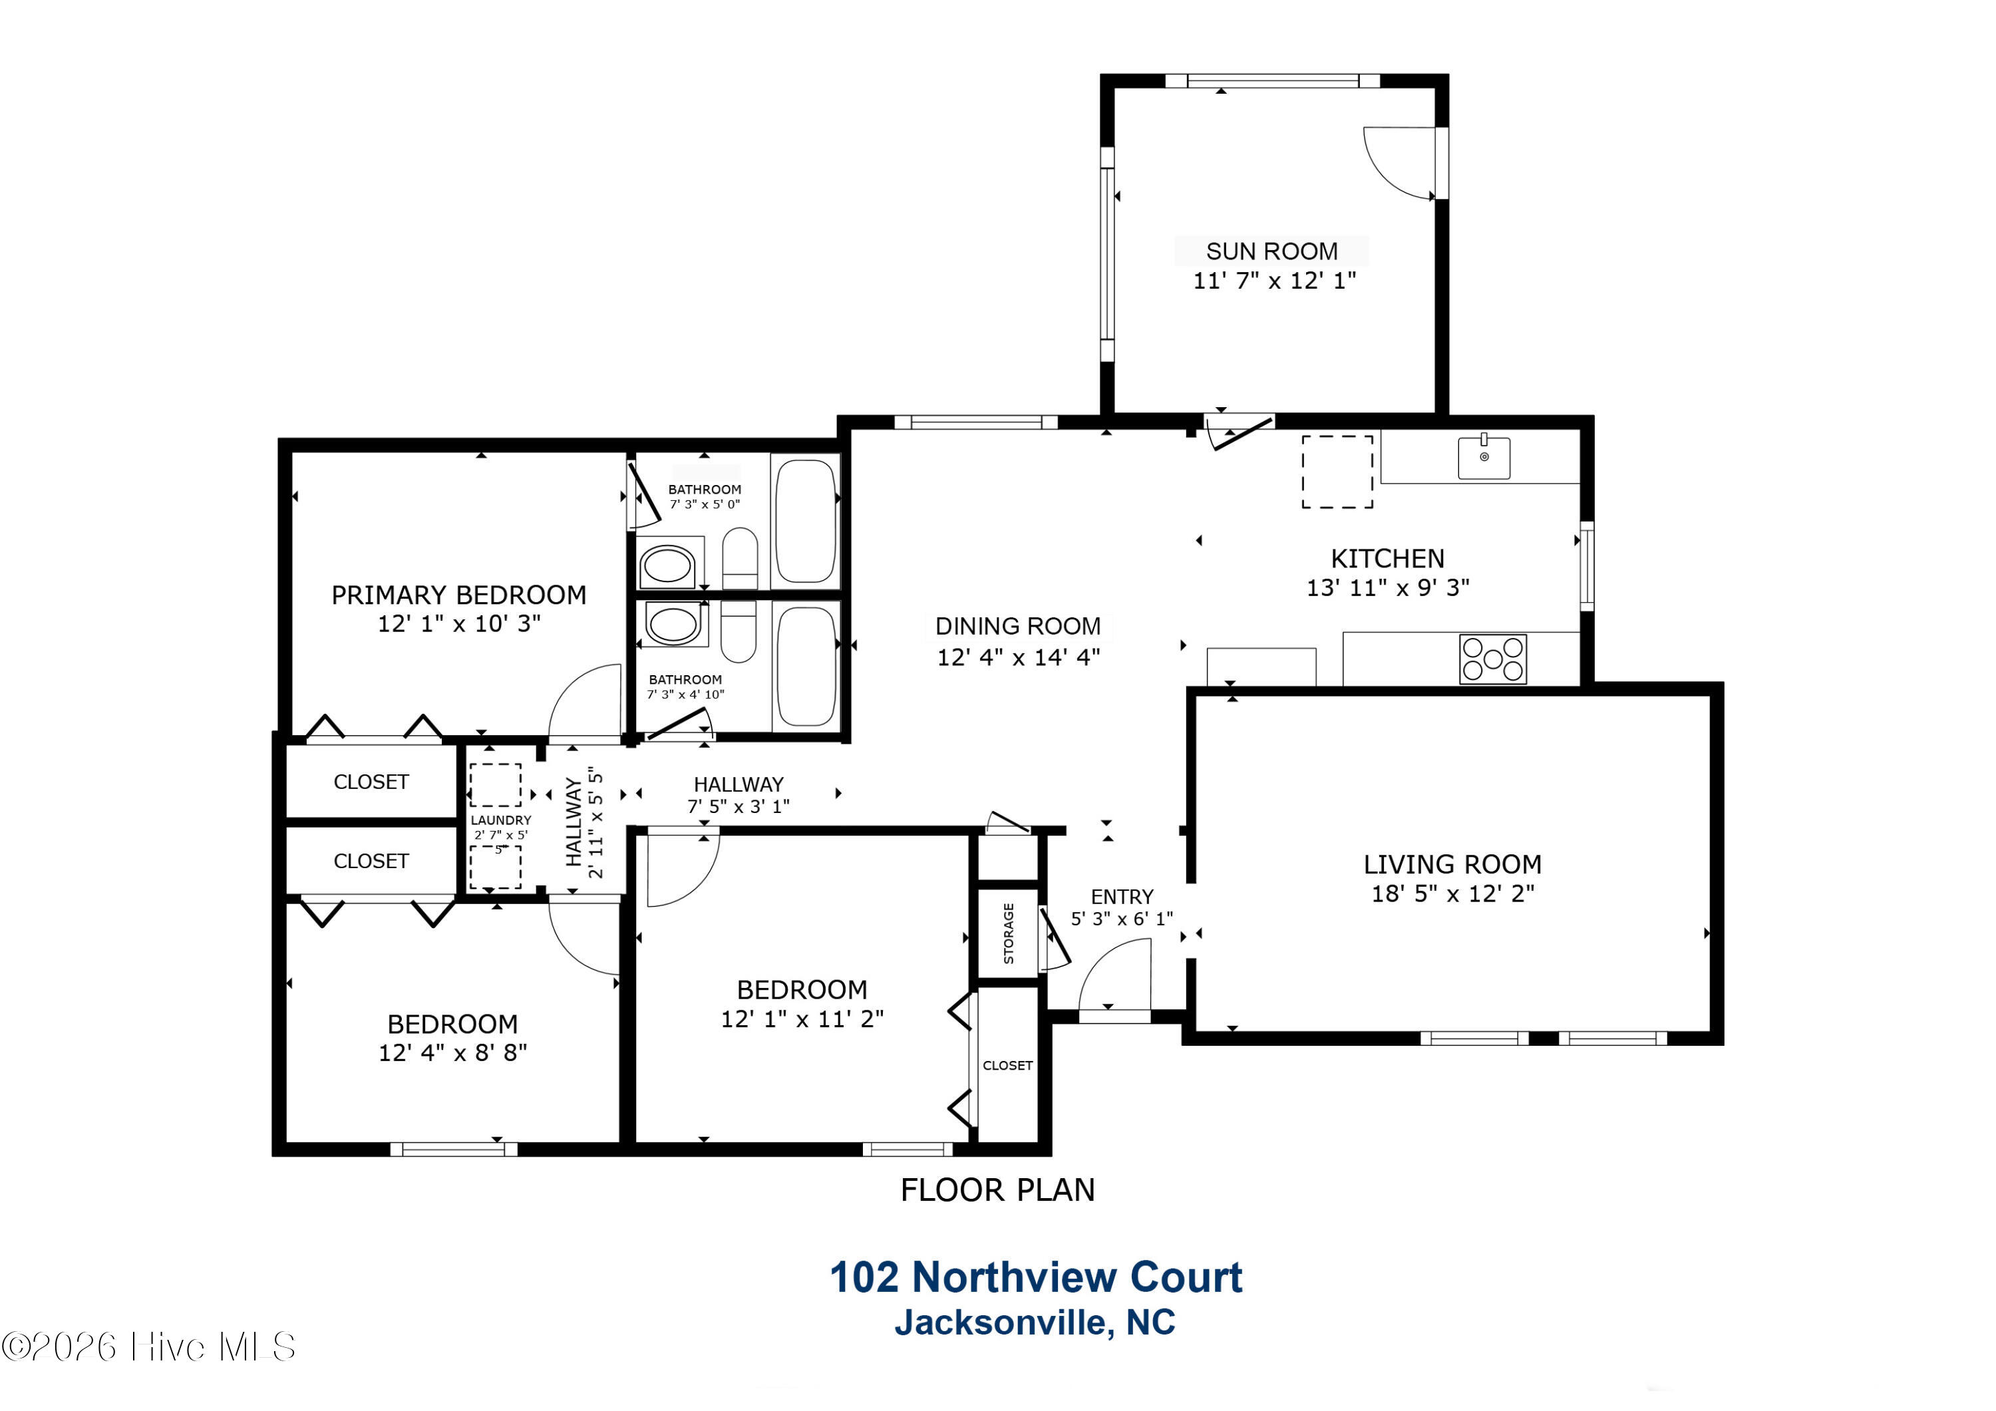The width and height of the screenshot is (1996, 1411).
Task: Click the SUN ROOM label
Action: point(1272,251)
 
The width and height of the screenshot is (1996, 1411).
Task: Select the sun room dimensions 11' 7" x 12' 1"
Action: point(1275,281)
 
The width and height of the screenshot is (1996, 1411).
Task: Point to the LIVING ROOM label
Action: point(1452,864)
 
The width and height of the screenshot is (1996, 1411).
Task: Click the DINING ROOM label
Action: point(1018,626)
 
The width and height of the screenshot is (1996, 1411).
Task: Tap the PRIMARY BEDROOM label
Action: point(459,595)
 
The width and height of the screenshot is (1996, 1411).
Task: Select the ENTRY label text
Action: point(1122,896)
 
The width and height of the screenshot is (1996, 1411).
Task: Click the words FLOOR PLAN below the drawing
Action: point(998,1189)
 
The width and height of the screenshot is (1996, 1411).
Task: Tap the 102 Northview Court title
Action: point(1035,1277)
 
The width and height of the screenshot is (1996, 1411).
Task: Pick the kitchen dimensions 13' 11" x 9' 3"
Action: point(1389,587)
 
